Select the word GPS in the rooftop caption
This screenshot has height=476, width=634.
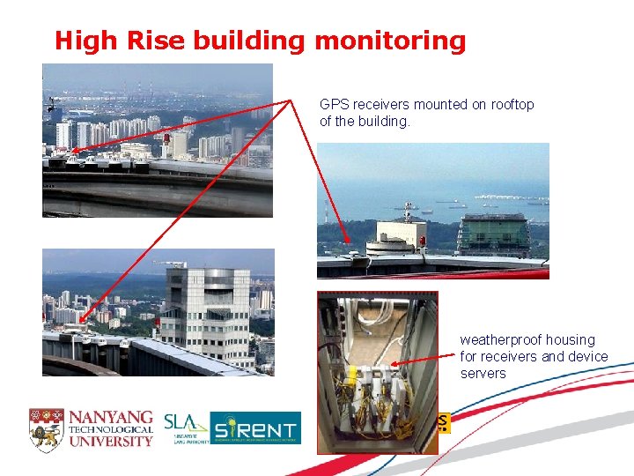[334, 104]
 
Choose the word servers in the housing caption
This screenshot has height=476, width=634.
[483, 373]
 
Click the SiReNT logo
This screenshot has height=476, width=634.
[255, 428]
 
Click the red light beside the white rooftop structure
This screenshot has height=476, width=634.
[423, 240]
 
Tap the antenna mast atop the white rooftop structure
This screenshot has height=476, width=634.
[407, 212]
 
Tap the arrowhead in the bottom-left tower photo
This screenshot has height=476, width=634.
[80, 323]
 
